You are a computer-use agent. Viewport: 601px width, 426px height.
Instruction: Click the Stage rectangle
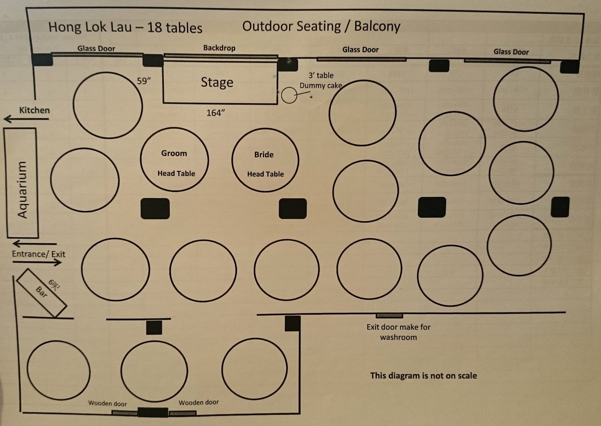pyautogui.click(x=220, y=82)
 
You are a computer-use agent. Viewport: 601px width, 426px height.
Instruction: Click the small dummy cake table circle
pyautogui.click(x=289, y=95)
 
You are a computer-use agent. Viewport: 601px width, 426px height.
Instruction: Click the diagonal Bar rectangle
pyautogui.click(x=42, y=292)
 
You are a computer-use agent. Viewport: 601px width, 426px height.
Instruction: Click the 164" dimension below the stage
pyautogui.click(x=216, y=113)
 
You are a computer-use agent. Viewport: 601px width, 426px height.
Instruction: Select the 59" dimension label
pyautogui.click(x=144, y=81)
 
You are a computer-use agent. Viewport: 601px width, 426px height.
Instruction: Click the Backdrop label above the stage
pyautogui.click(x=219, y=48)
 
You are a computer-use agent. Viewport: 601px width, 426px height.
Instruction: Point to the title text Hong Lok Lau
pyautogui.click(x=90, y=27)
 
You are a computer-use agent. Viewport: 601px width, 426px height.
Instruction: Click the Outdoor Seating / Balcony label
pyautogui.click(x=321, y=26)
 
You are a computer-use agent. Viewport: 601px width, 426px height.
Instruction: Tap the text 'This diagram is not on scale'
pyautogui.click(x=423, y=375)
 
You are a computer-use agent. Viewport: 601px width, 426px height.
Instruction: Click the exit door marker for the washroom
pyautogui.click(x=389, y=315)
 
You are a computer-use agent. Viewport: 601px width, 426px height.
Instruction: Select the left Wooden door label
pyautogui.click(x=107, y=403)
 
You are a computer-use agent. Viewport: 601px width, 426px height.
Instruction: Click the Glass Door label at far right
pyautogui.click(x=511, y=52)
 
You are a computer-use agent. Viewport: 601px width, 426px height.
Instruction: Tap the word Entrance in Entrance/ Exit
pyautogui.click(x=29, y=254)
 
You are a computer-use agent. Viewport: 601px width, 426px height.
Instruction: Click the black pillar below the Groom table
pyautogui.click(x=155, y=209)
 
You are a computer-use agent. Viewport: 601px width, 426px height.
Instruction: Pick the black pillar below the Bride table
pyautogui.click(x=293, y=208)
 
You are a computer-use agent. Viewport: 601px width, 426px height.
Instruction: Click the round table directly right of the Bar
pyautogui.click(x=115, y=270)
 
